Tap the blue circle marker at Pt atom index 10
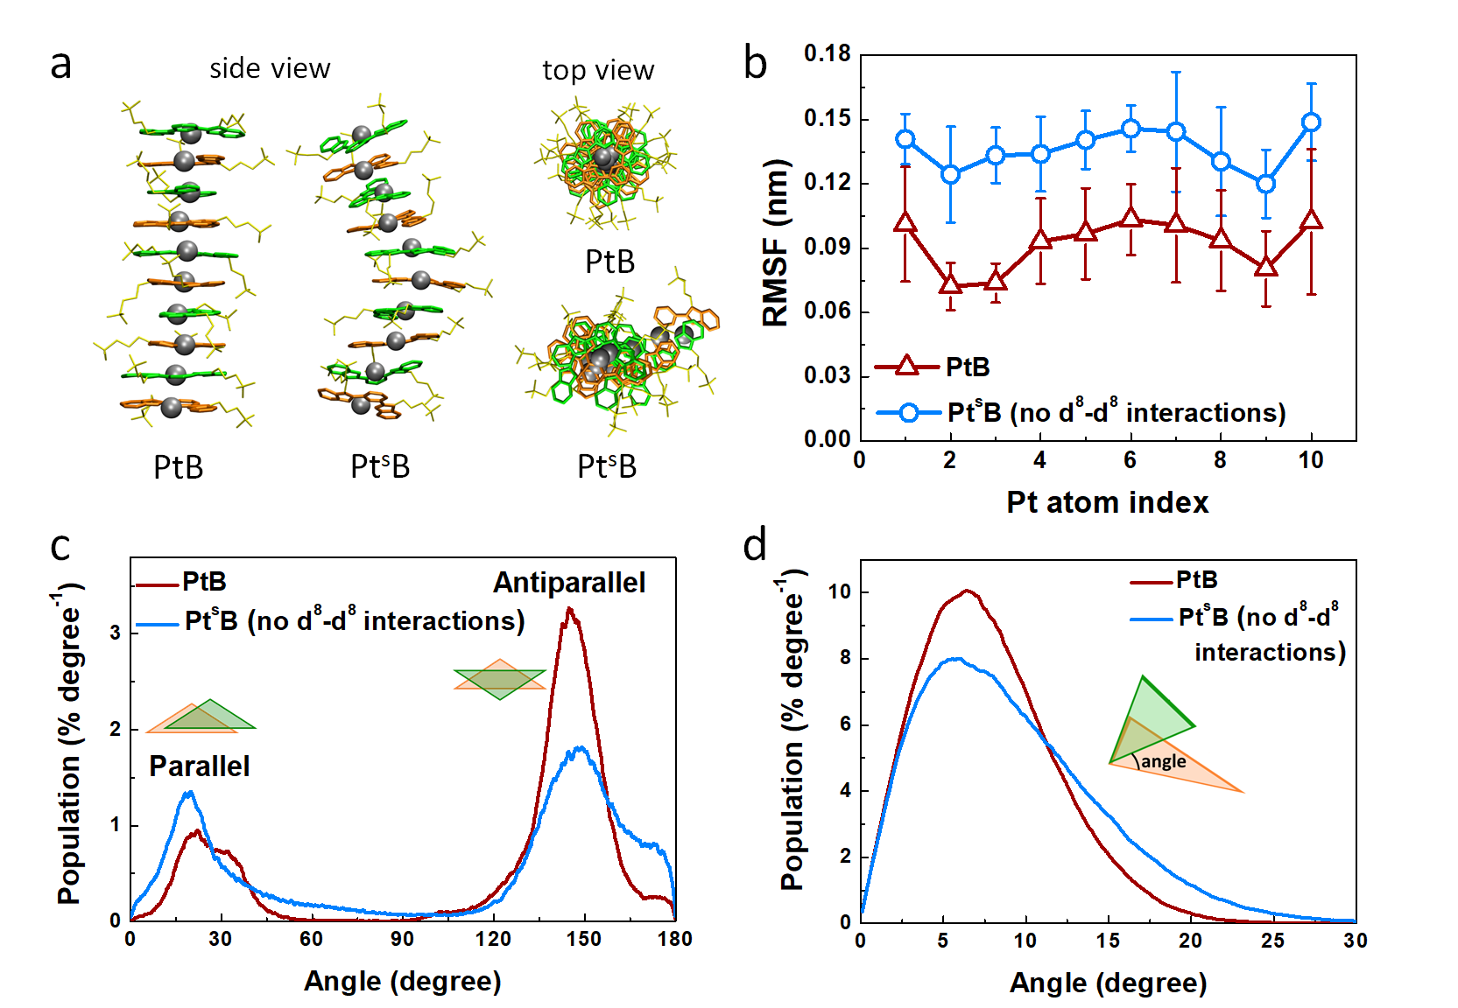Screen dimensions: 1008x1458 tap(1311, 122)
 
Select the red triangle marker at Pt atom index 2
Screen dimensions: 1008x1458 tap(950, 283)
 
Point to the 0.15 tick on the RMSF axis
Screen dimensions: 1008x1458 tap(827, 118)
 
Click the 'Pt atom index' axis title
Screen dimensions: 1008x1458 tap(1107, 502)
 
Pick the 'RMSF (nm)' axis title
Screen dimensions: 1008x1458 tap(776, 243)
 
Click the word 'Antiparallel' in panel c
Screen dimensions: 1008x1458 tap(569, 583)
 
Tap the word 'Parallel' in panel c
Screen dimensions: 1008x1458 tap(199, 766)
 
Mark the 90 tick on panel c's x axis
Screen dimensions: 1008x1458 tap(402, 939)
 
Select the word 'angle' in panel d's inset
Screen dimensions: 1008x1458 tap(1164, 761)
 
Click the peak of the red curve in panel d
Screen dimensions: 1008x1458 tap(968, 591)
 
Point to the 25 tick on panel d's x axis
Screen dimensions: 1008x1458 tap(1272, 941)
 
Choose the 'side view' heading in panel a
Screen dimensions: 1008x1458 tap(270, 68)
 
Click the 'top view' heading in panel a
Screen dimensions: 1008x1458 tap(598, 70)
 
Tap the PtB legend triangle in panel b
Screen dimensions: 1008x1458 tap(907, 367)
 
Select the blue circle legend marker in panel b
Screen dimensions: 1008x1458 tap(908, 412)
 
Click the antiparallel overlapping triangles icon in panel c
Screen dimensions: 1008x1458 tap(500, 679)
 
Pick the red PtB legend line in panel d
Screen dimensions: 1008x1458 tap(1151, 581)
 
